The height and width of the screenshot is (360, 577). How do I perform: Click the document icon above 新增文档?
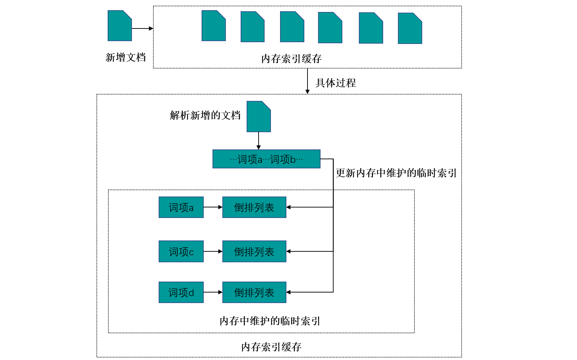click(120, 26)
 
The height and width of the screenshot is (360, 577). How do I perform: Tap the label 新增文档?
click(126, 57)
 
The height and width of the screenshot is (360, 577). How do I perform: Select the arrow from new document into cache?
click(142, 28)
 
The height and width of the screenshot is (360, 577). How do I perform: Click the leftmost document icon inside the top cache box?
click(214, 26)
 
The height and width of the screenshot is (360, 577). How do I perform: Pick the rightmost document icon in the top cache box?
click(410, 28)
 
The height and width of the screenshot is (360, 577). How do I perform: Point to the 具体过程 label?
click(336, 83)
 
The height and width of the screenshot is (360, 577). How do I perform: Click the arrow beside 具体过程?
click(307, 81)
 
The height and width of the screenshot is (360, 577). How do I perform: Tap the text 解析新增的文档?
click(205, 115)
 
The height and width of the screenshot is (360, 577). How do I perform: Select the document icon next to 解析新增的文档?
click(259, 117)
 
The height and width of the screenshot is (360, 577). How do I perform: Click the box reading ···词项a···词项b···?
click(266, 159)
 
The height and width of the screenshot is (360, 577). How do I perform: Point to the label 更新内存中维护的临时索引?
click(396, 173)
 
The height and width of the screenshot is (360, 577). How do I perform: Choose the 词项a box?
click(181, 207)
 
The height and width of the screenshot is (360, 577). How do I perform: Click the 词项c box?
click(181, 252)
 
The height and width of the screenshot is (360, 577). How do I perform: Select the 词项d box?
click(181, 292)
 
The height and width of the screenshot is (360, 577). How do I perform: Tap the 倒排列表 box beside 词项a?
click(254, 207)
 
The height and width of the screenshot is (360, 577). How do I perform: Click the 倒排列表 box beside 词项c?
click(254, 252)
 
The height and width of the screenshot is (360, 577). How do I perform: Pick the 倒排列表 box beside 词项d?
click(254, 292)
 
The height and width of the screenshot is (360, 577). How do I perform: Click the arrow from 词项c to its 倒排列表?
click(213, 252)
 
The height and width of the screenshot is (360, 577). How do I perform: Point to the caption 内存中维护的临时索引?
click(270, 321)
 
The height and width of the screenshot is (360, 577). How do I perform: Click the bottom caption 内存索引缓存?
click(271, 347)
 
